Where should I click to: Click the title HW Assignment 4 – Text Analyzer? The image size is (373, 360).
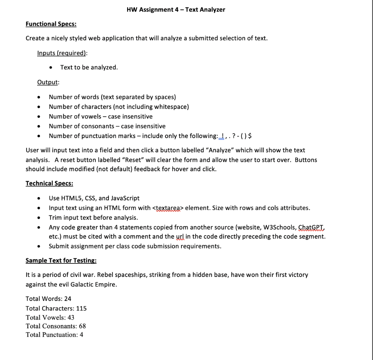point(176,10)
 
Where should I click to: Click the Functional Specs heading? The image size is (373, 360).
point(51,24)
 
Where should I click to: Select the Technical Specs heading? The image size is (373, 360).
point(49,183)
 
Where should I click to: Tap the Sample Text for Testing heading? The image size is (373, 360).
point(61,261)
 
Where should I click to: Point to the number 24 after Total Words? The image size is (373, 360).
point(68,299)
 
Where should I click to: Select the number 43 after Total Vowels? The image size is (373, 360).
point(71,317)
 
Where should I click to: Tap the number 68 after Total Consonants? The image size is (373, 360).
point(82,326)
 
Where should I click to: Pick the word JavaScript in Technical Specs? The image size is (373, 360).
point(125,198)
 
